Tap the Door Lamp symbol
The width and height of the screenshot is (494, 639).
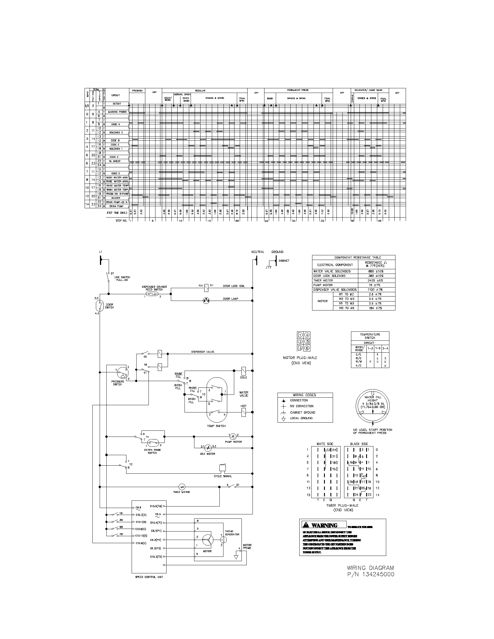tap(207, 300)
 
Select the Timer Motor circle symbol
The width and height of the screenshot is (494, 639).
tap(182, 487)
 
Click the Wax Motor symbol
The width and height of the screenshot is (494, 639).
tap(208, 448)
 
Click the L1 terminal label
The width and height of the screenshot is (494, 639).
tap(101, 252)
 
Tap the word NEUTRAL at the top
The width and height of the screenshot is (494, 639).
tap(257, 252)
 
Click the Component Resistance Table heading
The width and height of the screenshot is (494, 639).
tap(354, 257)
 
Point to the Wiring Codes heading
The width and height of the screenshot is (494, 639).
tap(304, 395)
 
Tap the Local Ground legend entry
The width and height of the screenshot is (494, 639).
tap(301, 418)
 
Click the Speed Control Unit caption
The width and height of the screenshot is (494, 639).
tap(149, 577)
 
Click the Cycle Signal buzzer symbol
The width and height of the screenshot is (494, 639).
tap(223, 468)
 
